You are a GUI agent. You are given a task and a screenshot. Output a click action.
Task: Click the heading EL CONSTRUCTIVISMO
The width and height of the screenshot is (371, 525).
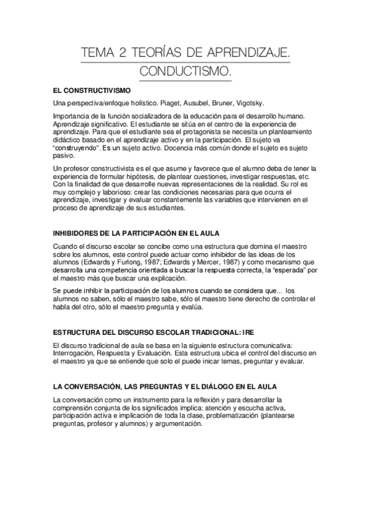pyautogui.click(x=92, y=90)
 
